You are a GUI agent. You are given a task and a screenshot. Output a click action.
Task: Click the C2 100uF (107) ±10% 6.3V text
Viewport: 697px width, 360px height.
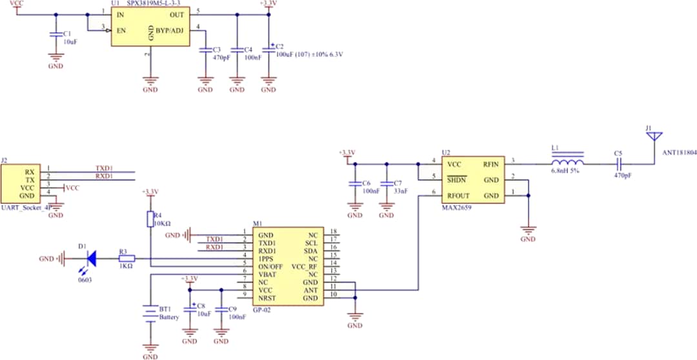pyautogui.click(x=308, y=55)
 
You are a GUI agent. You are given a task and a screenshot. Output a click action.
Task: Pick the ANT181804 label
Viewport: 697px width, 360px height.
pyautogui.click(x=679, y=154)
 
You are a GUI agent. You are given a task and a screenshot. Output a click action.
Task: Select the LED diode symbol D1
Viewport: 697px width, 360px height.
pyautogui.click(x=91, y=259)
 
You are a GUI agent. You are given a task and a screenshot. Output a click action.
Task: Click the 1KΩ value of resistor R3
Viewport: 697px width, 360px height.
pyautogui.click(x=125, y=266)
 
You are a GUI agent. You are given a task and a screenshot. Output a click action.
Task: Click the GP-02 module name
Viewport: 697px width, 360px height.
pyautogui.click(x=262, y=310)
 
